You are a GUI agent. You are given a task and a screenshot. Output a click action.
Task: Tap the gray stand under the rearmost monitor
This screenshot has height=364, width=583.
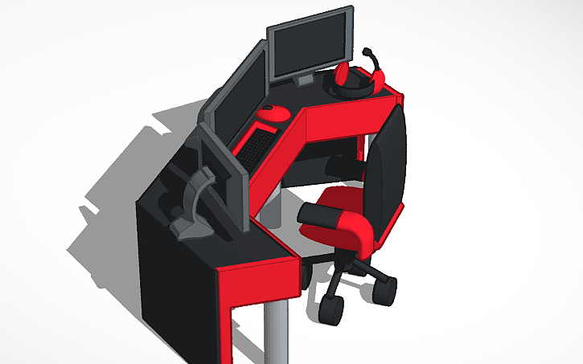coord(305,81)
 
